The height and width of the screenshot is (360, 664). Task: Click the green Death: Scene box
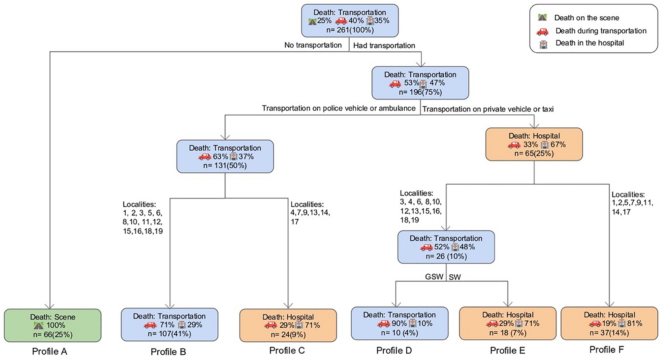point(52,325)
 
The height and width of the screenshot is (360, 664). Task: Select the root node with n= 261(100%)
point(350,21)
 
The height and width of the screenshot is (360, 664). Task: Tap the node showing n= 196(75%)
point(420,83)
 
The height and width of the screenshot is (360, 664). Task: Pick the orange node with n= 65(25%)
point(534,144)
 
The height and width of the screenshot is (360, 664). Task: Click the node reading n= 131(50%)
point(225,157)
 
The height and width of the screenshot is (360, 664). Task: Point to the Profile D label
point(394,350)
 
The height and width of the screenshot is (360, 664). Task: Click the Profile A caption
point(49,351)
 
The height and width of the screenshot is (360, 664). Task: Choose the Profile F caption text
point(606,349)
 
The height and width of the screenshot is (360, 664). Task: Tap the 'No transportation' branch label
point(313,45)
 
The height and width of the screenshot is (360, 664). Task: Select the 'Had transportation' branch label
point(384,45)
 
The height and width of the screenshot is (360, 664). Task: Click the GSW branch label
point(434,277)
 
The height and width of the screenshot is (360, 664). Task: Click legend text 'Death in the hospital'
point(589,43)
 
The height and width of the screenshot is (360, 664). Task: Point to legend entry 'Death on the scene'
point(586,18)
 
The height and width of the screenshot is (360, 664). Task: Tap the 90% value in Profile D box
point(399,323)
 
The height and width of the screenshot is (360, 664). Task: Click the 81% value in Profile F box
point(634,323)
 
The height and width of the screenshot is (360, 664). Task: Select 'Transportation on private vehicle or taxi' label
point(488,109)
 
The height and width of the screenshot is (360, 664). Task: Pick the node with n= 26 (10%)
point(446,247)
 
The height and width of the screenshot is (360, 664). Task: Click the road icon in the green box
point(39,326)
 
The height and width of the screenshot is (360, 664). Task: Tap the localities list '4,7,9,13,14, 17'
point(310,213)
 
